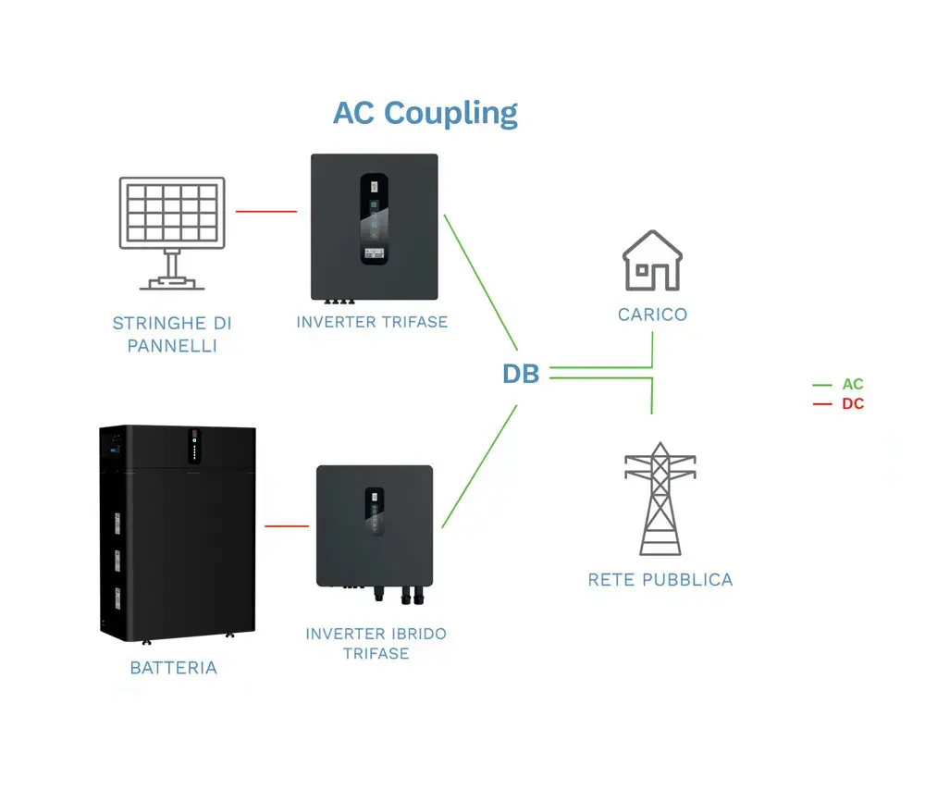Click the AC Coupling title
click(425, 114)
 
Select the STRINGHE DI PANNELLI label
click(172, 334)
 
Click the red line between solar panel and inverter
click(266, 211)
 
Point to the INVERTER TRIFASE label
click(372, 322)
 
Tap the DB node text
click(520, 374)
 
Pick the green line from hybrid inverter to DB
click(479, 466)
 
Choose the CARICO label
click(652, 315)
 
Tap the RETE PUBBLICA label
click(660, 580)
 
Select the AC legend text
click(852, 384)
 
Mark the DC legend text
click(852, 404)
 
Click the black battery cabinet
click(177, 532)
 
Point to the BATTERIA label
click(174, 667)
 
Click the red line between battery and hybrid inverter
click(287, 526)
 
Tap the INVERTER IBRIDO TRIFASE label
click(376, 643)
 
